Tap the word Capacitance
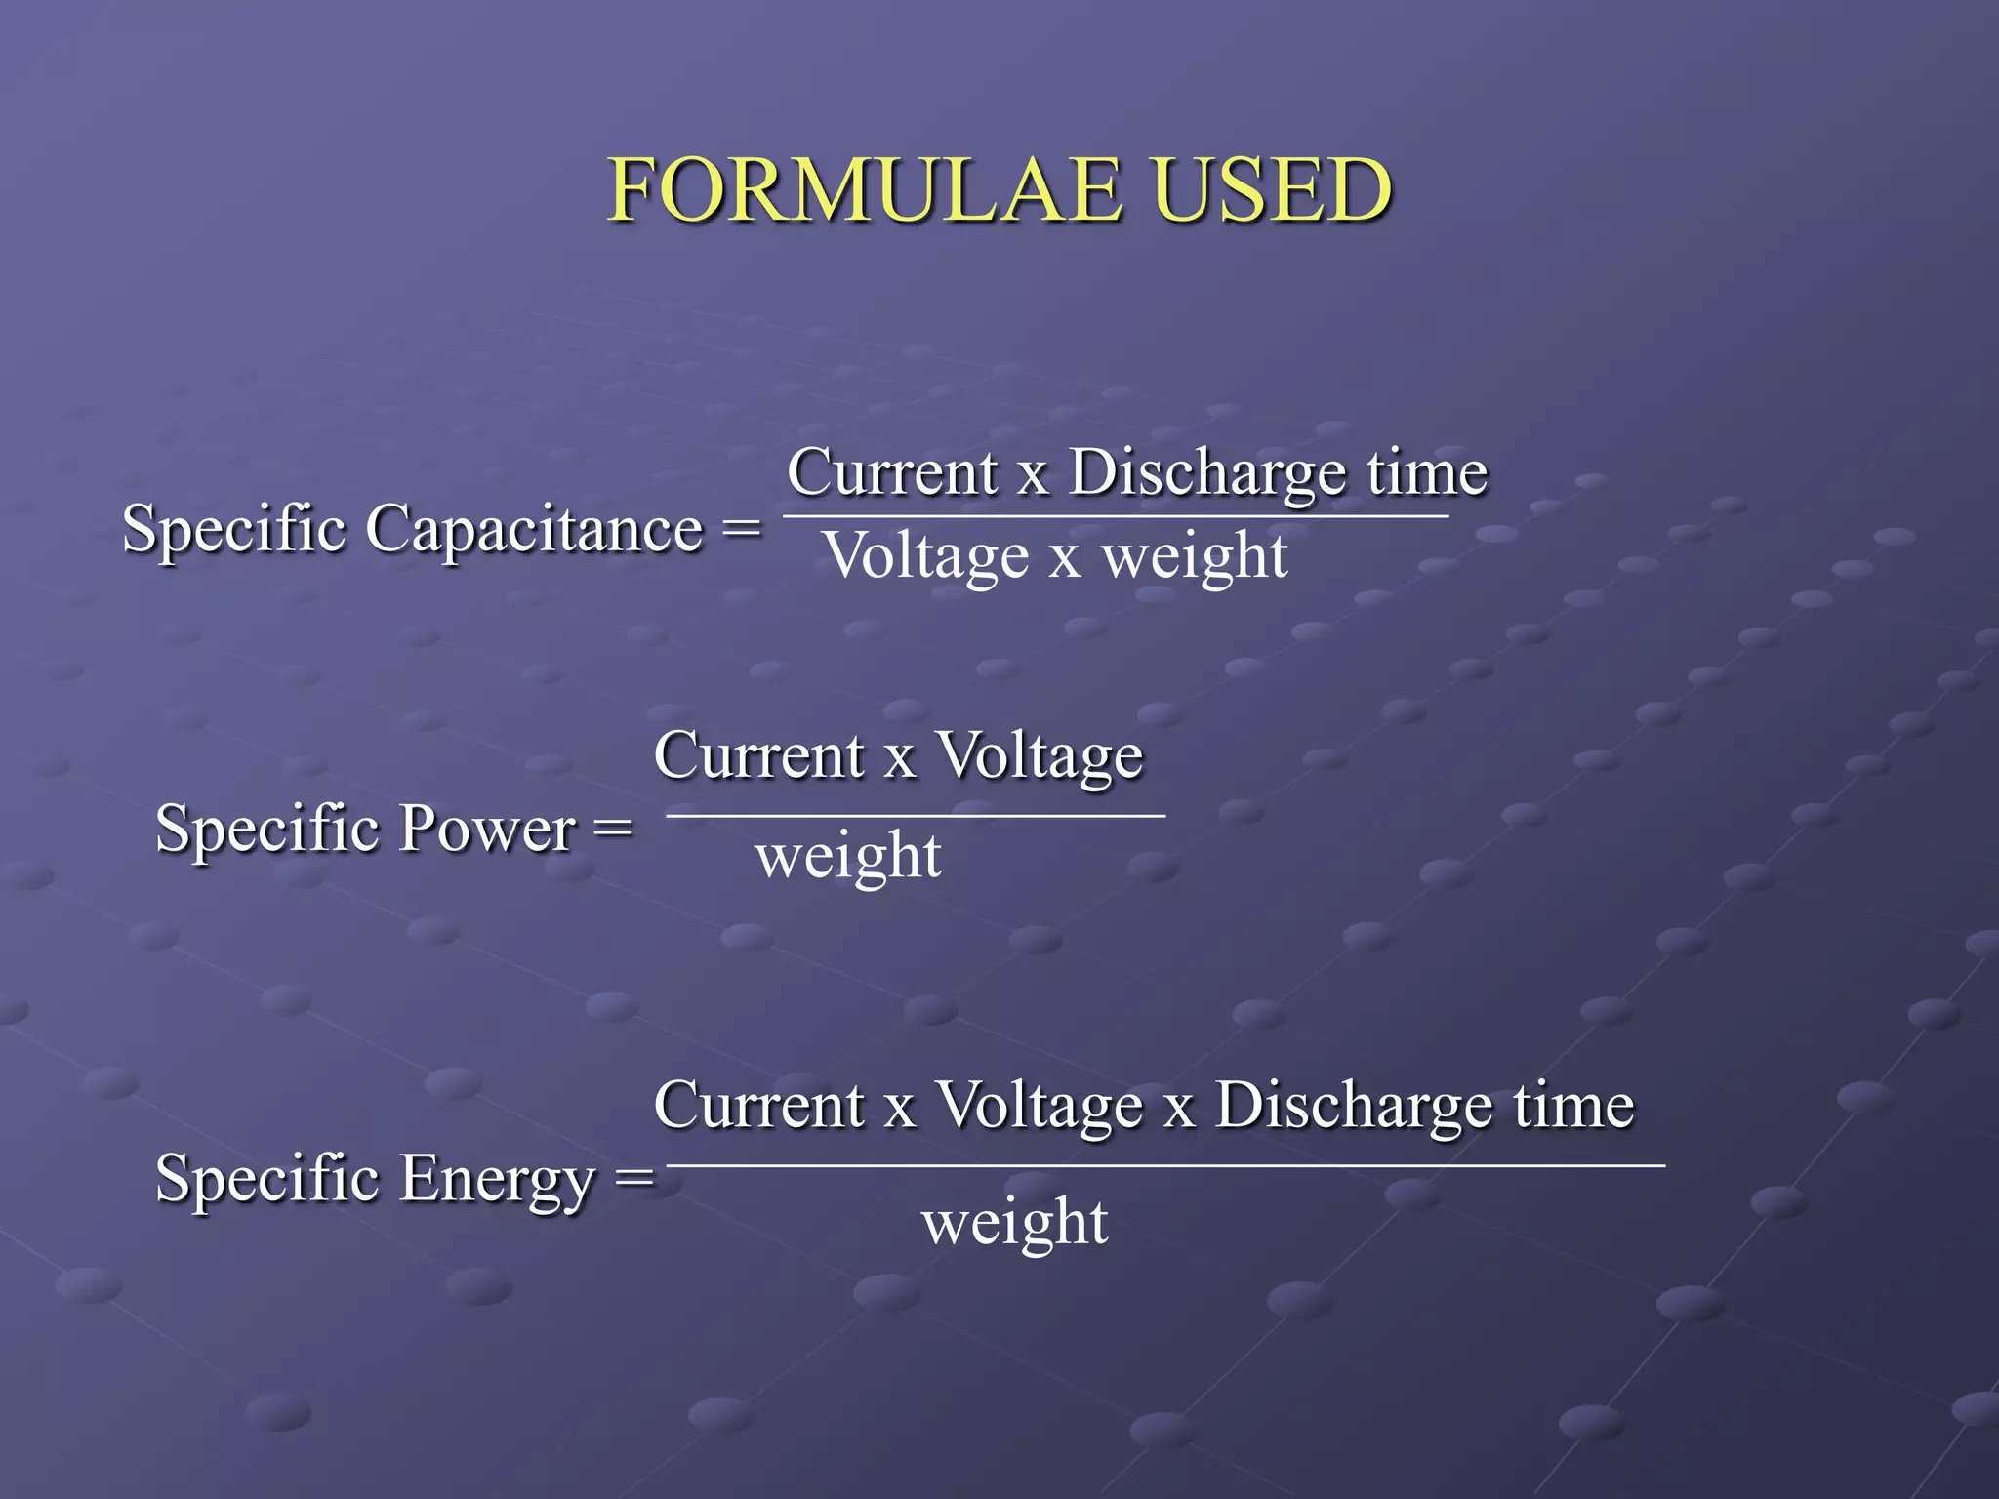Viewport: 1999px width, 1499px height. pos(534,530)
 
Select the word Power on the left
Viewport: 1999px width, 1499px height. pos(487,830)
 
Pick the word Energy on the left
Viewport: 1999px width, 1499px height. pos(497,1179)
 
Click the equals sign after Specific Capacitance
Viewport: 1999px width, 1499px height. pos(741,530)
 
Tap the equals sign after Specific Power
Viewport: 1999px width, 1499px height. pos(613,830)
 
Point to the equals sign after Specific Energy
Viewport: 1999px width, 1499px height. pos(634,1179)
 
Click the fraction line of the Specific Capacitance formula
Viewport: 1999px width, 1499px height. pos(1116,516)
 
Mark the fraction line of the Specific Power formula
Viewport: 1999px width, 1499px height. pos(916,815)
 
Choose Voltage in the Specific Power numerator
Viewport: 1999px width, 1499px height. pos(1040,757)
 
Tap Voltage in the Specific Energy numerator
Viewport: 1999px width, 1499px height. pos(1039,1107)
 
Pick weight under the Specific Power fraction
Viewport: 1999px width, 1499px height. pos(848,858)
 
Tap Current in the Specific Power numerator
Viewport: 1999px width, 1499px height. pos(759,757)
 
